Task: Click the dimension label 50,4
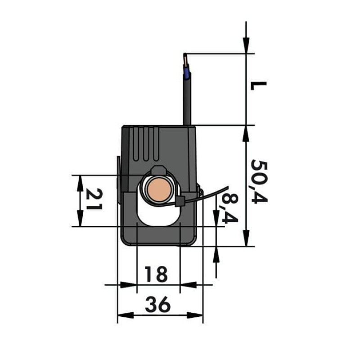(x=260, y=181)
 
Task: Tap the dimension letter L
(x=258, y=85)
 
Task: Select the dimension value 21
(x=94, y=199)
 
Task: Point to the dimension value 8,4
(x=229, y=208)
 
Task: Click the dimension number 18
(x=156, y=274)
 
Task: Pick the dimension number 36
(x=158, y=305)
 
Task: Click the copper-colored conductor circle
(x=159, y=190)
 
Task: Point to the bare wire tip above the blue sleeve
(x=185, y=60)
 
